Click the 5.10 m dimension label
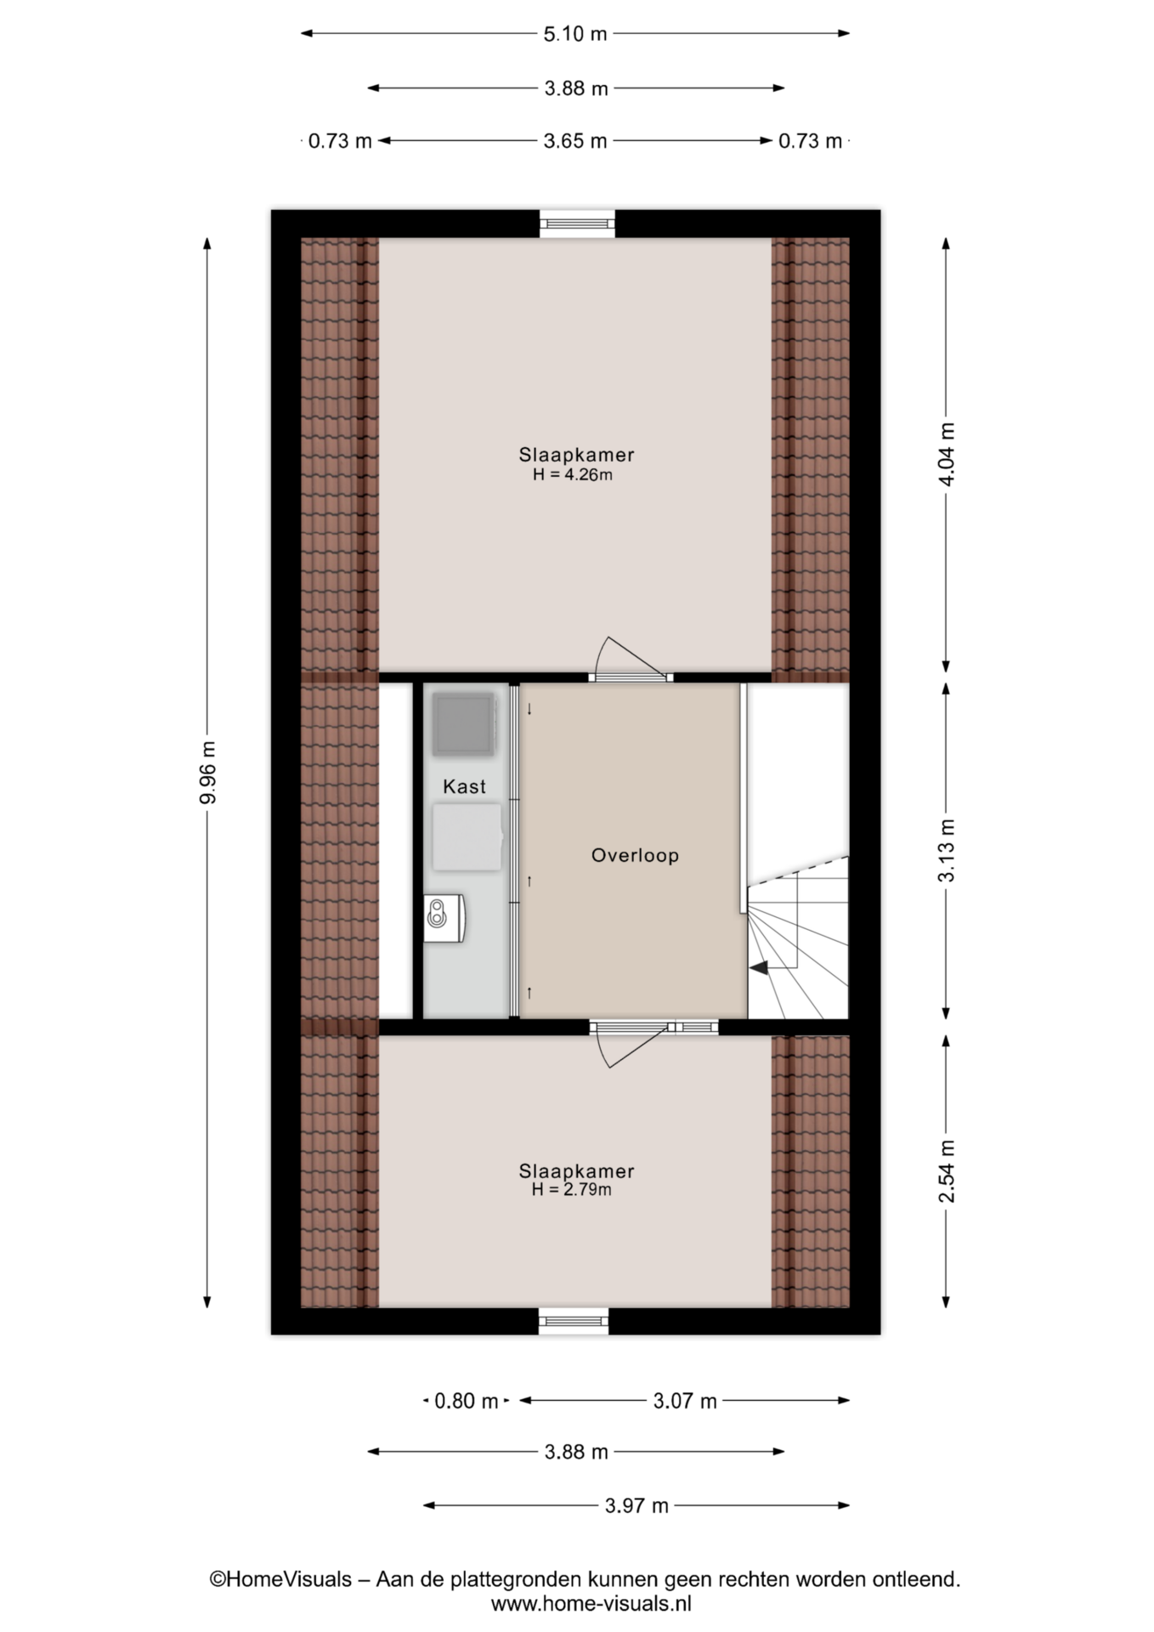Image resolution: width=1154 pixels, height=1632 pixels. pyautogui.click(x=575, y=34)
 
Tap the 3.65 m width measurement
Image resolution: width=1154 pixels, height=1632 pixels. pyautogui.click(x=575, y=141)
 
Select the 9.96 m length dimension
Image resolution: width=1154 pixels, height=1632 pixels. pyautogui.click(x=207, y=773)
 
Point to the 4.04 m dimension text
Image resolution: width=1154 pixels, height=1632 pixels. pyautogui.click(x=947, y=454)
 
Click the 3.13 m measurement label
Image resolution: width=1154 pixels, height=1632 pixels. pyautogui.click(x=947, y=851)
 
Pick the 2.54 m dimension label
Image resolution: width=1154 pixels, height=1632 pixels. pyautogui.click(x=947, y=1171)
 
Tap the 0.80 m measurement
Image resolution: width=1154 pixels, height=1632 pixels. pyautogui.click(x=466, y=1401)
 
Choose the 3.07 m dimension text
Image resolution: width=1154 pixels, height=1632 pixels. pyautogui.click(x=685, y=1401)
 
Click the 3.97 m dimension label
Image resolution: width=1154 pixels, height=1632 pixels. pyautogui.click(x=636, y=1506)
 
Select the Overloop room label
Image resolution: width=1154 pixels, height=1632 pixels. pyautogui.click(x=635, y=855)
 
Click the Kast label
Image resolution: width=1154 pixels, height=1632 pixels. pyautogui.click(x=464, y=786)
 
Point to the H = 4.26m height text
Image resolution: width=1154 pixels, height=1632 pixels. pyautogui.click(x=573, y=474)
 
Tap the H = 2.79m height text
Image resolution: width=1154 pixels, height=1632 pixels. pyautogui.click(x=572, y=1189)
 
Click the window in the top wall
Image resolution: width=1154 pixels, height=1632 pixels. pyautogui.click(x=578, y=224)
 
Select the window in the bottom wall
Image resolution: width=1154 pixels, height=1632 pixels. pyautogui.click(x=574, y=1321)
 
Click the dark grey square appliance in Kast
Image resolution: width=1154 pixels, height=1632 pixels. pyautogui.click(x=463, y=724)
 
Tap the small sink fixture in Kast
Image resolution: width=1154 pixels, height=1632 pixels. pyautogui.click(x=444, y=917)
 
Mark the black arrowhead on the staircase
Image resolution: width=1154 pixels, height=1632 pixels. pyautogui.click(x=758, y=966)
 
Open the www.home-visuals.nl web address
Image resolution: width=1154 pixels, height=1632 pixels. pyautogui.click(x=591, y=1604)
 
